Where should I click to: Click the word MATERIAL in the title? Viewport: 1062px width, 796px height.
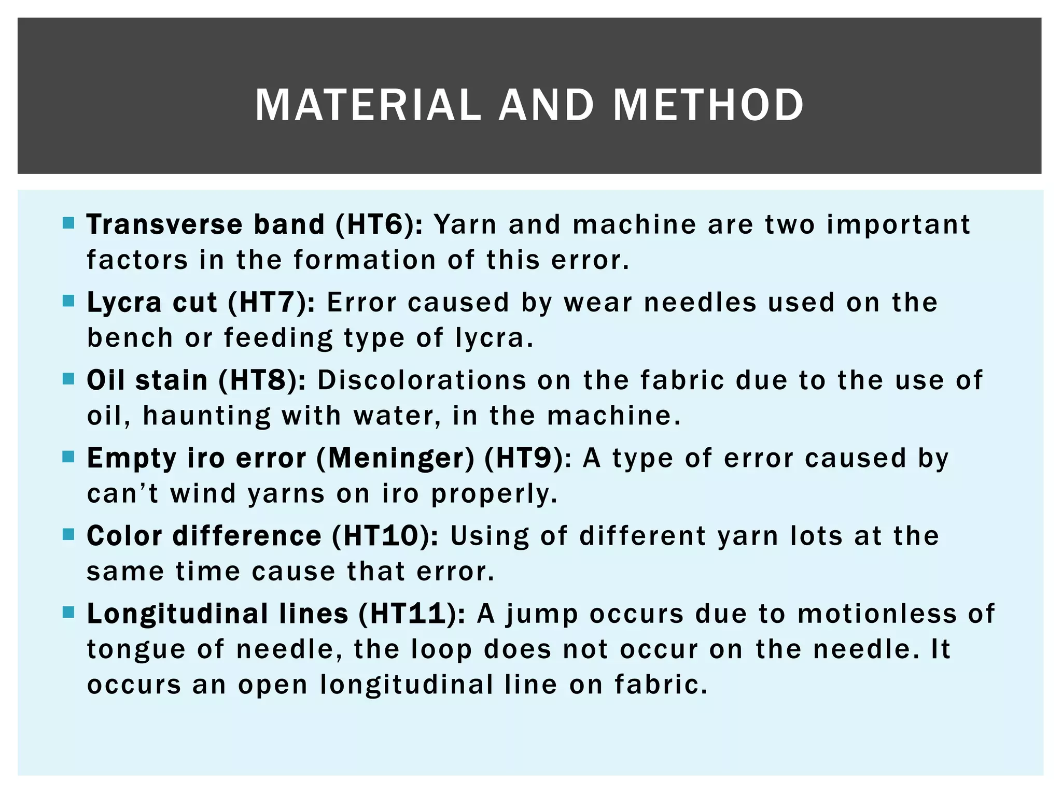click(368, 105)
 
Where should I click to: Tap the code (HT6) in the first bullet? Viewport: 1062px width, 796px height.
click(379, 225)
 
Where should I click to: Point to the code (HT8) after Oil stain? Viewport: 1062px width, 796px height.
click(262, 380)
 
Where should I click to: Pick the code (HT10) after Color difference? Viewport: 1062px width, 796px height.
click(385, 536)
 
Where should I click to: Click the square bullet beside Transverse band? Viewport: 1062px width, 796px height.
click(68, 223)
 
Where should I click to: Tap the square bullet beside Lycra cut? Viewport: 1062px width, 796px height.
click(68, 301)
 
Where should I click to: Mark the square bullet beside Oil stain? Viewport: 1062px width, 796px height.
click(68, 379)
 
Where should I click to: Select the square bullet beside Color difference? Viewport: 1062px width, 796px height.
click(68, 534)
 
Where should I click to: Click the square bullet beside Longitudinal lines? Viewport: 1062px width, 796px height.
click(68, 613)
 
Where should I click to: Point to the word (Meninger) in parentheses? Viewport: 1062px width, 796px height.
click(395, 458)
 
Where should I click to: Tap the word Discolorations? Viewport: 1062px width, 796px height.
click(422, 380)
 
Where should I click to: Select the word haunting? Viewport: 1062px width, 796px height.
click(206, 416)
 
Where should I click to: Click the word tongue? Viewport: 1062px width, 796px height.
click(136, 650)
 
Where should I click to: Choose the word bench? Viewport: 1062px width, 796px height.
click(130, 338)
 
